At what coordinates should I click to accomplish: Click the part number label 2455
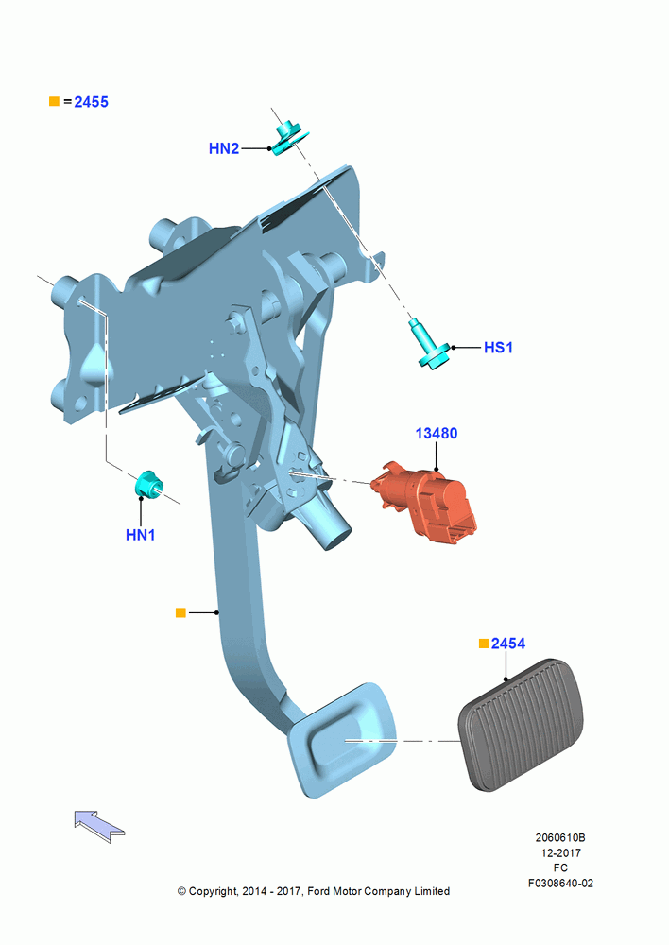(91, 102)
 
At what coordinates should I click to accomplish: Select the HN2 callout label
(224, 148)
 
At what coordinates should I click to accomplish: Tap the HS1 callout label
(498, 348)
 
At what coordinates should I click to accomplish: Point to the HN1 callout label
(141, 535)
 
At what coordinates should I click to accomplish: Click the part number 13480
(437, 434)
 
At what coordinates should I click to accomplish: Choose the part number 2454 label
(508, 644)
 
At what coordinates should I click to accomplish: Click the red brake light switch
(425, 502)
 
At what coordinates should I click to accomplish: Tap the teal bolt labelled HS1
(431, 345)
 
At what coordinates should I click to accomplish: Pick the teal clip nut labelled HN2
(288, 139)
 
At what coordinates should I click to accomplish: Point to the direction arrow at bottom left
(99, 826)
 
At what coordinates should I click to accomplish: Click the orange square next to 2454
(484, 644)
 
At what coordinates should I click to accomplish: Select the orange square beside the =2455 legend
(54, 101)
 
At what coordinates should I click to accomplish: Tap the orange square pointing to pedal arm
(180, 612)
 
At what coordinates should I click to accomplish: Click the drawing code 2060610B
(560, 837)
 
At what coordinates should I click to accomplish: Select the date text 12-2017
(560, 852)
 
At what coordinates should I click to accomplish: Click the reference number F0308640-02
(560, 883)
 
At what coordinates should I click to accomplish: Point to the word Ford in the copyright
(319, 891)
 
